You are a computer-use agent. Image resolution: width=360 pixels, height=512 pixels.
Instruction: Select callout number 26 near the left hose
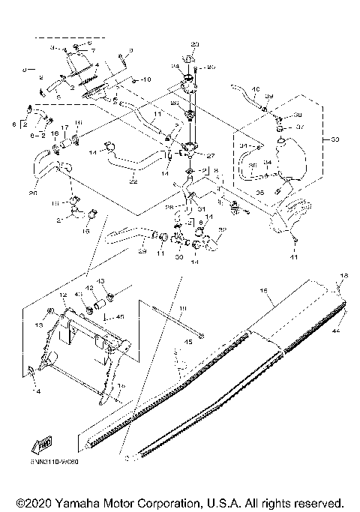click(x=33, y=193)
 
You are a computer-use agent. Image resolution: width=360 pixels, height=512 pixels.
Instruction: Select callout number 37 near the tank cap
click(x=298, y=127)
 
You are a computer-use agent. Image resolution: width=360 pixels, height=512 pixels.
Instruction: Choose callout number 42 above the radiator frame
click(x=88, y=287)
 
